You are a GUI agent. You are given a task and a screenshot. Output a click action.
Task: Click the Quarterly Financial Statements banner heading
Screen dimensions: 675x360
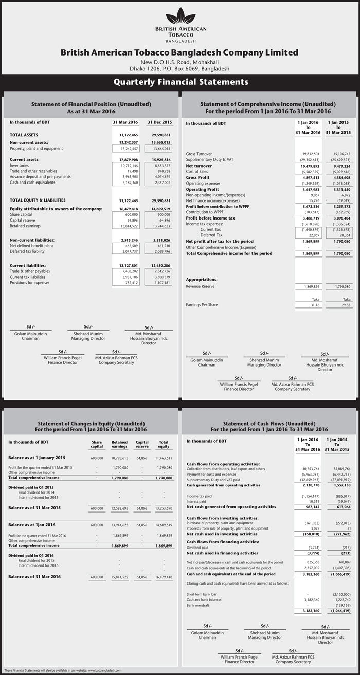point(180,82)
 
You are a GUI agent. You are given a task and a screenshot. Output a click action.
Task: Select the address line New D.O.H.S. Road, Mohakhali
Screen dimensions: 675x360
point(180,62)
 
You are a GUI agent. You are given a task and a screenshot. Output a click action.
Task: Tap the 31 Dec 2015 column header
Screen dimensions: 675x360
point(159,122)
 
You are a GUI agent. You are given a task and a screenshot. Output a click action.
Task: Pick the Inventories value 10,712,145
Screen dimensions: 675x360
point(125,165)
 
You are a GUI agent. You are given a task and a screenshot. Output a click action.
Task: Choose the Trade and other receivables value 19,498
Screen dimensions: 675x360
point(130,171)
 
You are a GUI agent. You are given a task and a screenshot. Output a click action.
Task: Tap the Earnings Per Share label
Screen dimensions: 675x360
point(202,305)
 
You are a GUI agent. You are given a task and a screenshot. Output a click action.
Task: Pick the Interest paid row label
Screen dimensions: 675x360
point(198,501)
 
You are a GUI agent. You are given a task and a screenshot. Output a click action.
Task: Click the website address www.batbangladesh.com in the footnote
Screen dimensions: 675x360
point(108,671)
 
